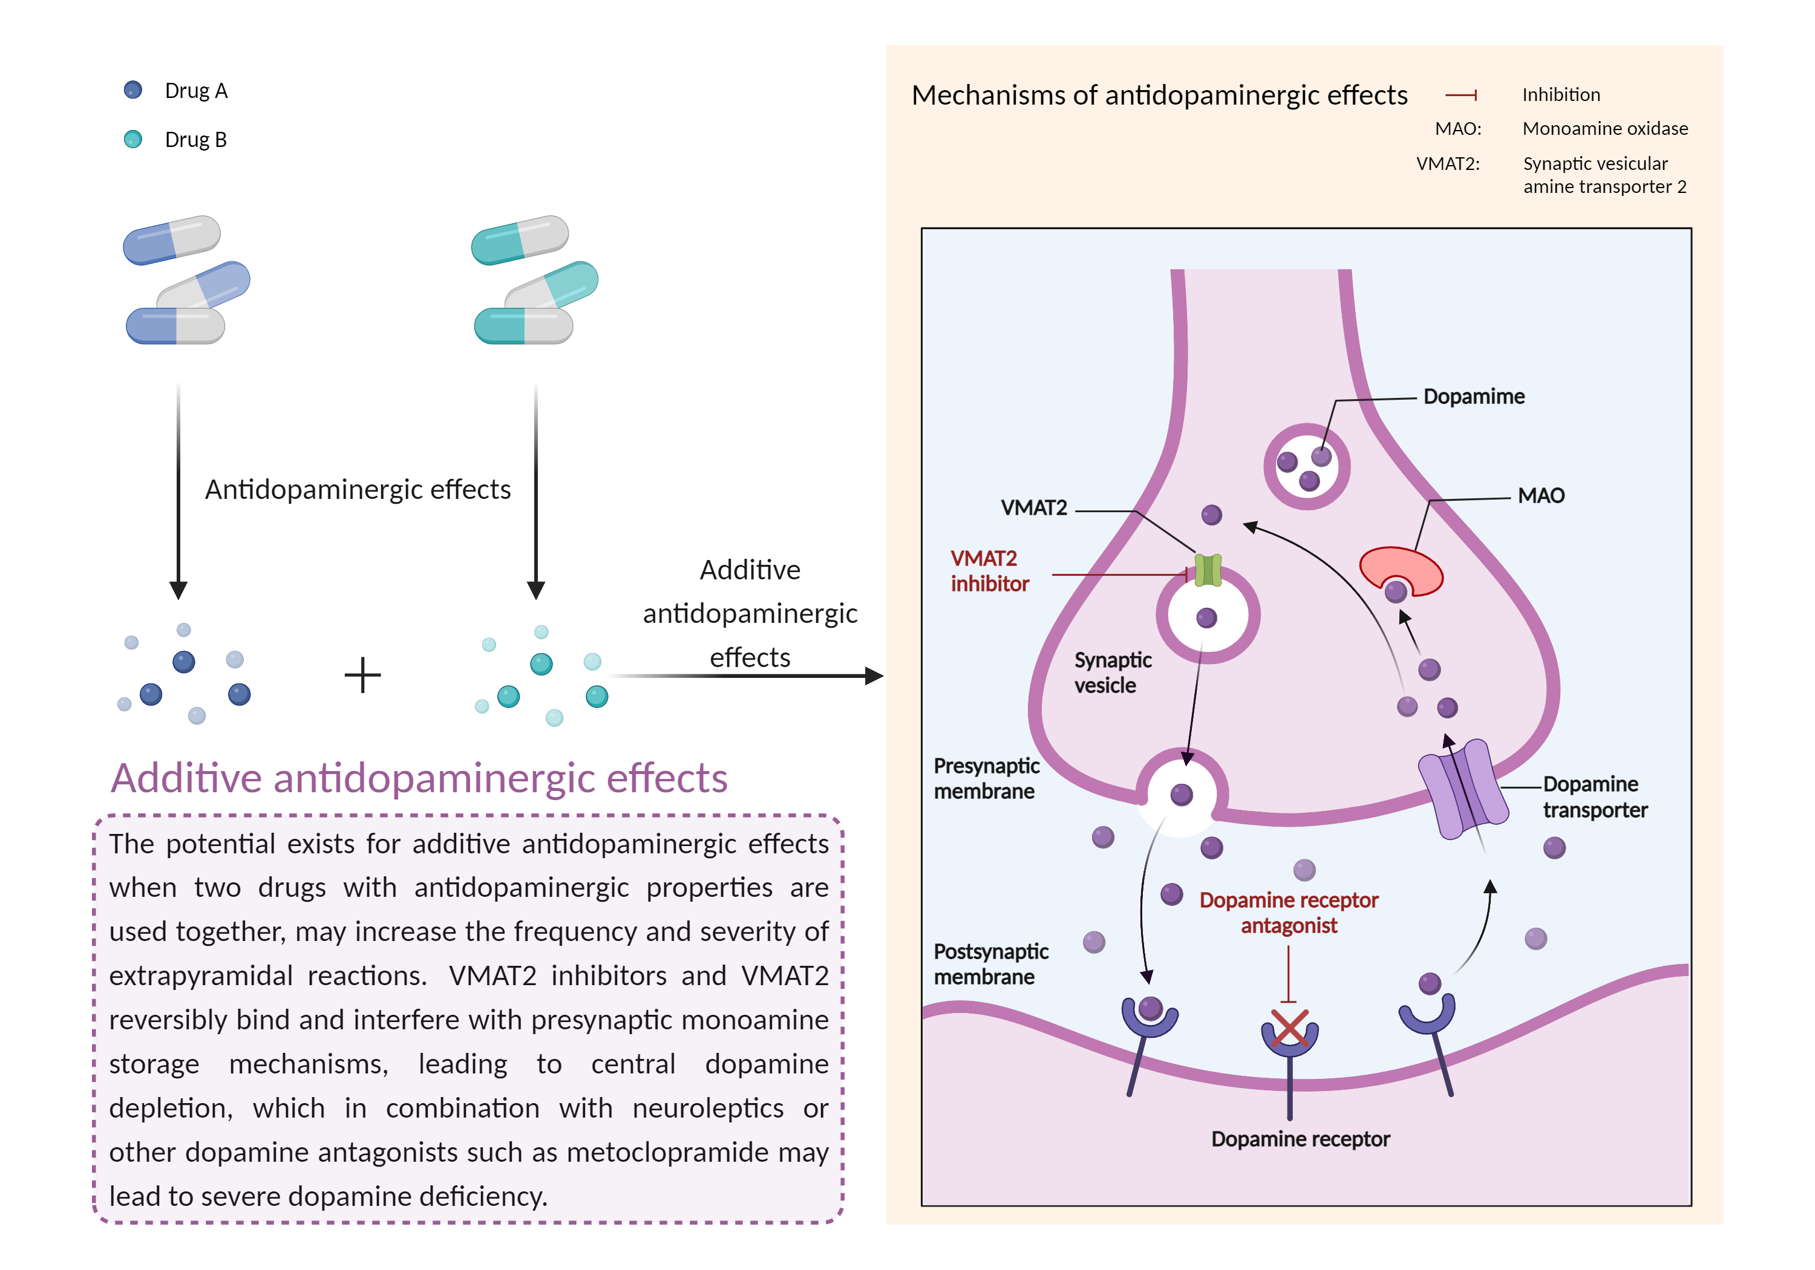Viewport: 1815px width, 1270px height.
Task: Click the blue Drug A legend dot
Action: (133, 90)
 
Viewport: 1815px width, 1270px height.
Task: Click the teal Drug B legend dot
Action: (133, 139)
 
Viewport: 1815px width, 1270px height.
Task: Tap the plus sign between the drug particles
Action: (363, 676)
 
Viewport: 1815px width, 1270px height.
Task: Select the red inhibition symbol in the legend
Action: (1461, 96)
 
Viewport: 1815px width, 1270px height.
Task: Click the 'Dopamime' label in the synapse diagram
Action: (1474, 397)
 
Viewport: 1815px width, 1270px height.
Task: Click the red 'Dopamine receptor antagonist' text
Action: (1289, 913)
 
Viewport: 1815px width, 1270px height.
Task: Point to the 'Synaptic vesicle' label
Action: (1111, 672)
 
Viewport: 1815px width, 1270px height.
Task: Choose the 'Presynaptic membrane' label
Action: (986, 778)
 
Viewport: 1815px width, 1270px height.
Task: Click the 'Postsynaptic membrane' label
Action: (990, 964)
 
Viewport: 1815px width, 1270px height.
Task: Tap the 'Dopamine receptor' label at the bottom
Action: (1300, 1139)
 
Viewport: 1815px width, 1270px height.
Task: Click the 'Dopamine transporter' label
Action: (1594, 796)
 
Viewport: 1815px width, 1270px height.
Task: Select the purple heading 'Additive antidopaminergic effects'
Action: (419, 778)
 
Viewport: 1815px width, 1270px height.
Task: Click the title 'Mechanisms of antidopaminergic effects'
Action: (1159, 96)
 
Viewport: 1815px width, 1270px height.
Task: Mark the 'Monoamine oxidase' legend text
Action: (1604, 129)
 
